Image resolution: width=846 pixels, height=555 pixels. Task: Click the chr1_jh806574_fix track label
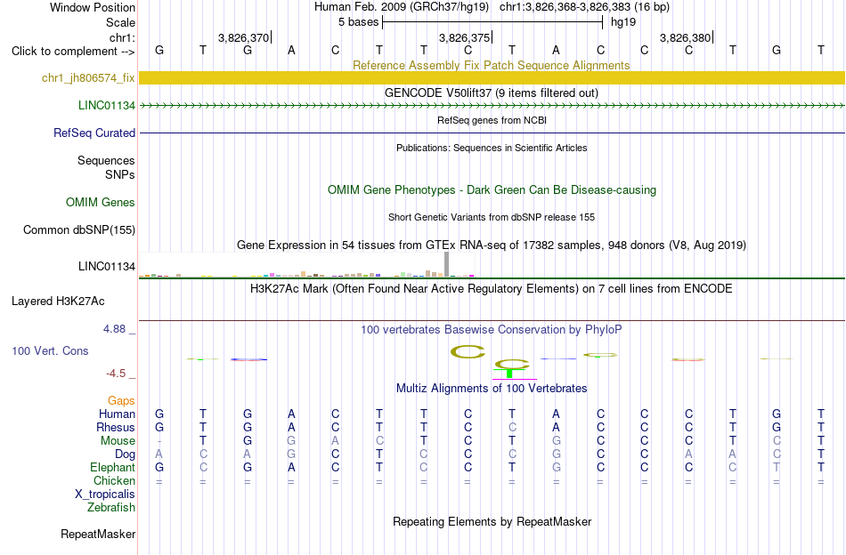coord(88,77)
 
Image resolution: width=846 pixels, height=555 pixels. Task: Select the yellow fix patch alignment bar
coord(492,77)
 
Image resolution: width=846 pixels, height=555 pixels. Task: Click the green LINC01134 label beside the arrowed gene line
coord(107,105)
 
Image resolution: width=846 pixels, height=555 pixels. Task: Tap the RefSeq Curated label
coord(94,133)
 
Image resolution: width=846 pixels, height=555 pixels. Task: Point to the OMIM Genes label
coord(101,202)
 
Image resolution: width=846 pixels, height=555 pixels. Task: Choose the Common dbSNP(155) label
coord(79,229)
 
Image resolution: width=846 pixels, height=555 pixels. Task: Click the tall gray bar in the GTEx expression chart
coord(446,264)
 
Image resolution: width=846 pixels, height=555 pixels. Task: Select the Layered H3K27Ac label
coord(58,302)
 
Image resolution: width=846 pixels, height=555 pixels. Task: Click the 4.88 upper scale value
coord(114,329)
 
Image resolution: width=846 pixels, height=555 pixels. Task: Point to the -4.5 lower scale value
coord(116,374)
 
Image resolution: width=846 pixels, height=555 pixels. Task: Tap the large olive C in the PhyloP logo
coord(468,352)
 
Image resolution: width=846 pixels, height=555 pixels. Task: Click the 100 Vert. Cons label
coord(50,350)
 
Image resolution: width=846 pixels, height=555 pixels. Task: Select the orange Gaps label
coord(121,400)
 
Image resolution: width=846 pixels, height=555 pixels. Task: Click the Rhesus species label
coord(116,427)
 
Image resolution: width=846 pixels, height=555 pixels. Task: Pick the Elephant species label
coord(113,467)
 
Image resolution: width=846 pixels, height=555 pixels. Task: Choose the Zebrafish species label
coord(111,507)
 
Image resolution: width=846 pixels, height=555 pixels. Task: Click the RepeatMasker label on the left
coord(98,534)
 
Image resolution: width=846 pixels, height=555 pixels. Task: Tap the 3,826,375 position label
coord(464,37)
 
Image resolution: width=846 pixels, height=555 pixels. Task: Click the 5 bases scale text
coord(358,22)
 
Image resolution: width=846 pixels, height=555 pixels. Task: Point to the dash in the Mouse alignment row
coord(159,441)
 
